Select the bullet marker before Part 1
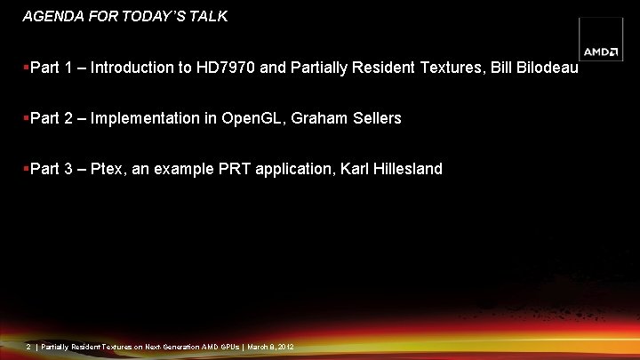pyautogui.click(x=26, y=68)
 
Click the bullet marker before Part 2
pyautogui.click(x=26, y=118)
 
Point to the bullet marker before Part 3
pyautogui.click(x=26, y=169)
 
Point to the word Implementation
pyautogui.click(x=146, y=118)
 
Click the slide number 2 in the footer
pyautogui.click(x=29, y=346)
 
